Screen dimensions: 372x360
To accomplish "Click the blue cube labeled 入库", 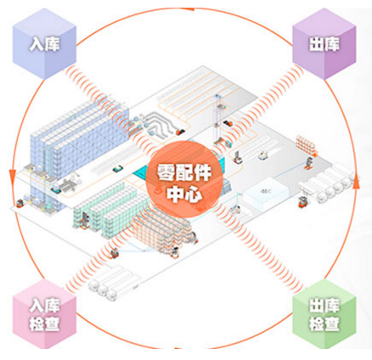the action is pos(44,44).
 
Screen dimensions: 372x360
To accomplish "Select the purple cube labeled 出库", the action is pos(324,44).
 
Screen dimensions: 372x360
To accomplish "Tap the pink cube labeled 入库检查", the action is pos(44,314).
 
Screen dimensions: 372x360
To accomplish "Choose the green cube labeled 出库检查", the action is pos(324,314).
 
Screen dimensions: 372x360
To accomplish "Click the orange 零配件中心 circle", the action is pos(184,180).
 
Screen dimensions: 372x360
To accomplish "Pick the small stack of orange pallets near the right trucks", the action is pos(307,143).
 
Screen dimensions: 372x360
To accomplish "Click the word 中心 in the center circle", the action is pos(184,194).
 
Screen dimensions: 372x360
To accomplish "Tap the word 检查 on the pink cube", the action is pos(44,323).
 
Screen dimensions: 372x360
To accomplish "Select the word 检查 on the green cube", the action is pos(324,323).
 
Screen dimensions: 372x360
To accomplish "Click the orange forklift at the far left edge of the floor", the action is pos(20,203).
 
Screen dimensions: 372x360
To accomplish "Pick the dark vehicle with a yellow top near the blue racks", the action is pos(118,169).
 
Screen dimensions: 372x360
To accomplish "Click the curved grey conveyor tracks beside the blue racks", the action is pos(158,122).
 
